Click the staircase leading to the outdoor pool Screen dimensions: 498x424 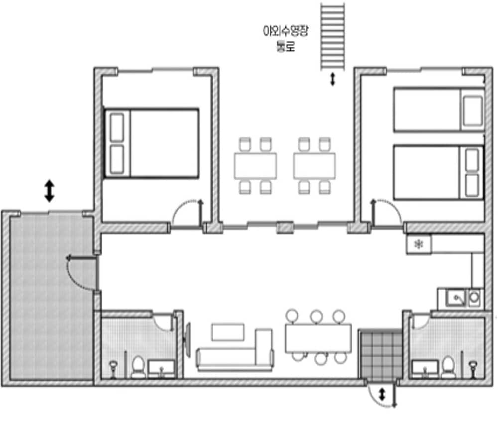(x=333, y=36)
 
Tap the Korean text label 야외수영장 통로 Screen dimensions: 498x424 (x=285, y=38)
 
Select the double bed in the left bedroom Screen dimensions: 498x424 (x=151, y=143)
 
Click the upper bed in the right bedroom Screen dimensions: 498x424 (x=439, y=109)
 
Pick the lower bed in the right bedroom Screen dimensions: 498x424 (x=439, y=172)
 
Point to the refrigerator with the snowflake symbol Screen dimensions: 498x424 (x=419, y=244)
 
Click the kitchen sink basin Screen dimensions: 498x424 (x=456, y=298)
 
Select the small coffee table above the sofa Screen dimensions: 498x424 (x=228, y=332)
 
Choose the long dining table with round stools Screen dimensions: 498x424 (x=318, y=338)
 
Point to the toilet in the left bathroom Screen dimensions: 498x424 (x=138, y=367)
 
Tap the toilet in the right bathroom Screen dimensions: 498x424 (x=448, y=367)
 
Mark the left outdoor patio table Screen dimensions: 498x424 (x=255, y=165)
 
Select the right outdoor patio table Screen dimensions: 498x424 (x=314, y=165)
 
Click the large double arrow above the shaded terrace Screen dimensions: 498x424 (x=49, y=191)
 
